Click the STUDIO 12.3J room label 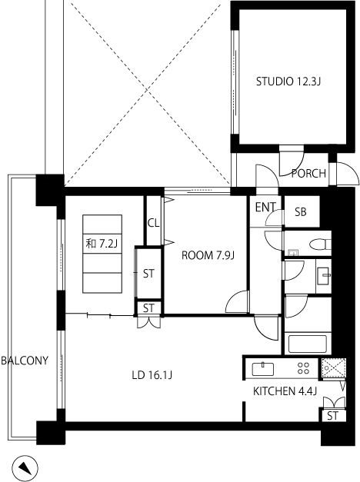288,81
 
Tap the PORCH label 308,174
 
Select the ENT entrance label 265,208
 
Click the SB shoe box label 301,212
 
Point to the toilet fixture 320,244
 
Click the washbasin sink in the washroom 324,276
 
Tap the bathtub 307,344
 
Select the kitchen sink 263,369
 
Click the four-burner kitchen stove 303,368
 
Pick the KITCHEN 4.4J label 285,391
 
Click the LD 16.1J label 152,375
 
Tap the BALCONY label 25,361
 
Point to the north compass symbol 25,469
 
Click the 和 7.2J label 102,244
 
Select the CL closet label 153,223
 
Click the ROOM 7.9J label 208,255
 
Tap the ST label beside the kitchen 332,416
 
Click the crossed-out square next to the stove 334,368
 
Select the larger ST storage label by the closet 148,274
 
